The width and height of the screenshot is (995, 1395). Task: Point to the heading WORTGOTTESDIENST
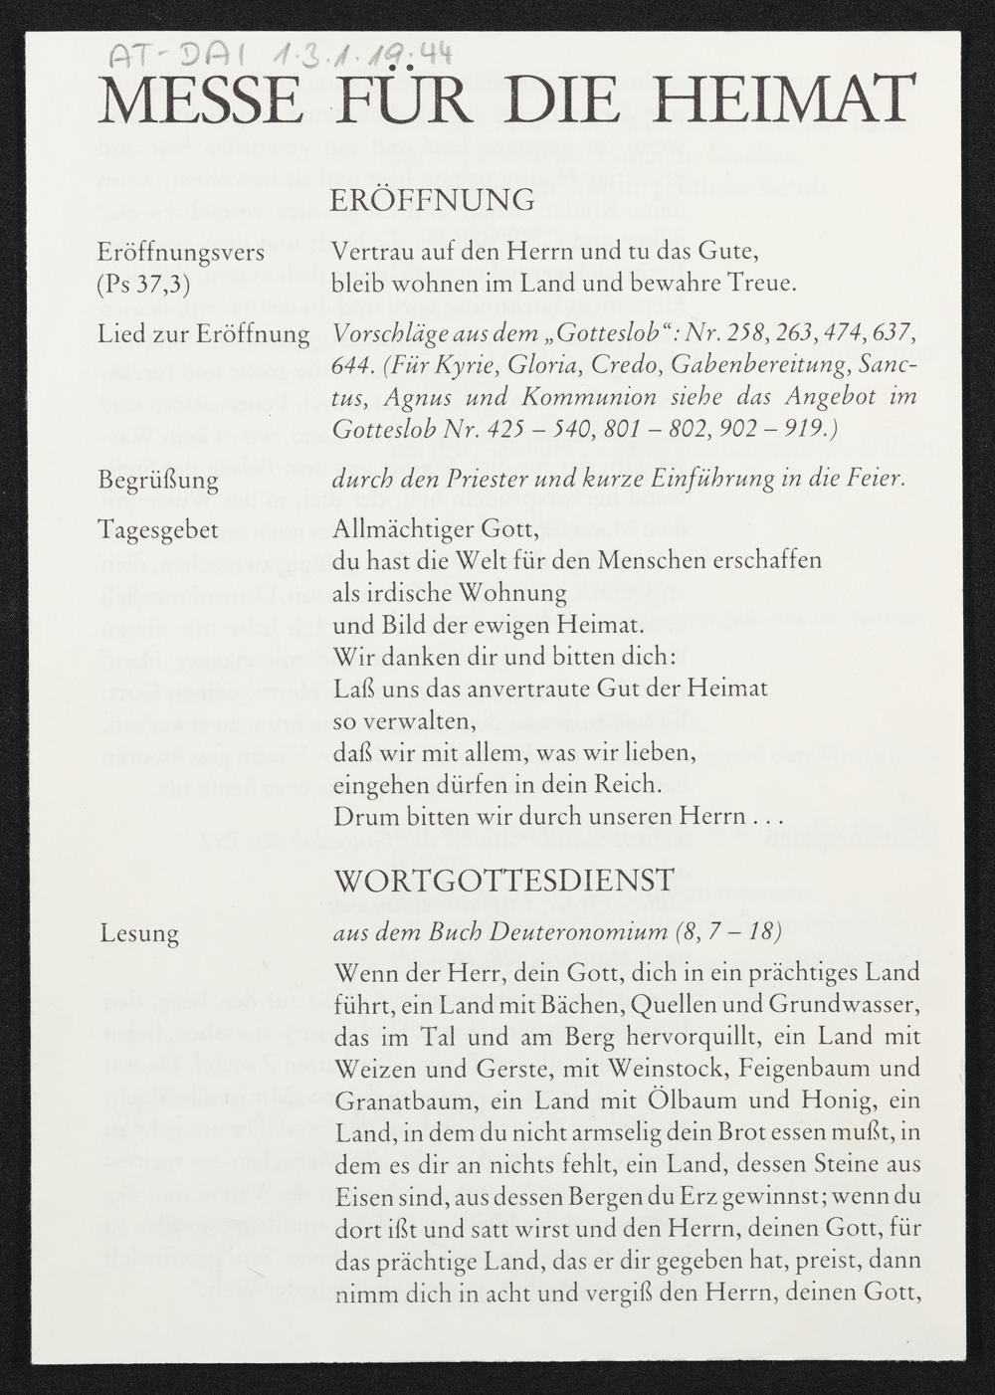pos(505,879)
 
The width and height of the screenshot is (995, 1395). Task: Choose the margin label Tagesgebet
pos(157,528)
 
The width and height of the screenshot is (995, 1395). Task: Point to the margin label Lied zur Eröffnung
pos(203,333)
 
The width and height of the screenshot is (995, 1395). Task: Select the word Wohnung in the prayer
pos(521,593)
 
